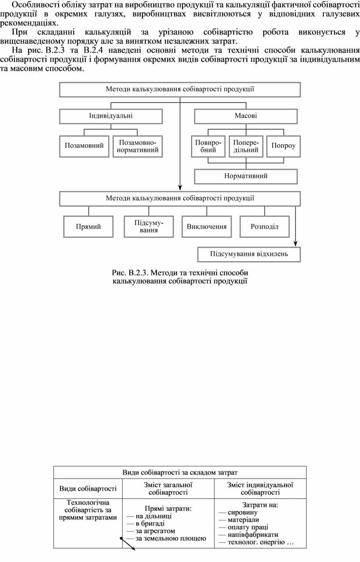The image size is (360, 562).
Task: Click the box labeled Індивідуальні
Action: (x=111, y=116)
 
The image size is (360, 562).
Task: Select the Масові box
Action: (x=246, y=116)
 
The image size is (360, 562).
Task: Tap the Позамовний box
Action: (x=84, y=146)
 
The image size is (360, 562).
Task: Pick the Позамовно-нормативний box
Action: (x=138, y=146)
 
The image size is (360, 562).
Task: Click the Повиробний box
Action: (x=208, y=146)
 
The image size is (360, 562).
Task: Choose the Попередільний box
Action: (x=246, y=146)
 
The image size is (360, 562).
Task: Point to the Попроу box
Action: (x=284, y=146)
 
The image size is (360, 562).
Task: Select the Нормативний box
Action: (x=246, y=176)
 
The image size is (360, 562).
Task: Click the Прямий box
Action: (x=88, y=227)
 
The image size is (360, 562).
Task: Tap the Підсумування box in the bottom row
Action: (x=149, y=227)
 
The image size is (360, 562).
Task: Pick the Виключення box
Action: (x=207, y=227)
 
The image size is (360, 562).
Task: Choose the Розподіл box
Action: (x=265, y=227)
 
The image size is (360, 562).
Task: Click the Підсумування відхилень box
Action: (x=249, y=255)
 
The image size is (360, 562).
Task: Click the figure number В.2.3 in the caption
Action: (x=138, y=273)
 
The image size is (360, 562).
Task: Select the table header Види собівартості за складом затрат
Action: (x=180, y=472)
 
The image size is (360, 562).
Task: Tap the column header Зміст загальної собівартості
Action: (x=168, y=489)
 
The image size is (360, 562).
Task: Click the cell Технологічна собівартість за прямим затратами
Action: (x=88, y=510)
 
